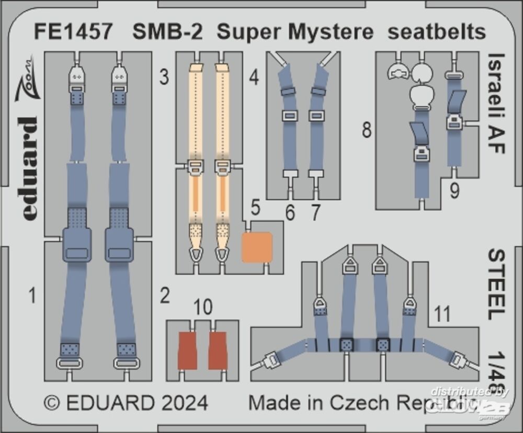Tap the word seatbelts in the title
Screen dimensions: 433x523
436,32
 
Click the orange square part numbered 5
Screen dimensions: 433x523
257,247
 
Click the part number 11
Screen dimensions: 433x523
442,314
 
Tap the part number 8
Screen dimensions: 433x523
367,130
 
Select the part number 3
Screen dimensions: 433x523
164,79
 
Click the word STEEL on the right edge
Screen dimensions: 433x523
497,283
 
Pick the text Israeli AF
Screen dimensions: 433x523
497,102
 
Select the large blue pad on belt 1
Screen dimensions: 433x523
76,244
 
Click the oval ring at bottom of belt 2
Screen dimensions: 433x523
126,362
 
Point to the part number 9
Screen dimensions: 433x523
454,192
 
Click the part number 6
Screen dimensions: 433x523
290,213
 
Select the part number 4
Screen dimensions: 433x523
254,79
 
